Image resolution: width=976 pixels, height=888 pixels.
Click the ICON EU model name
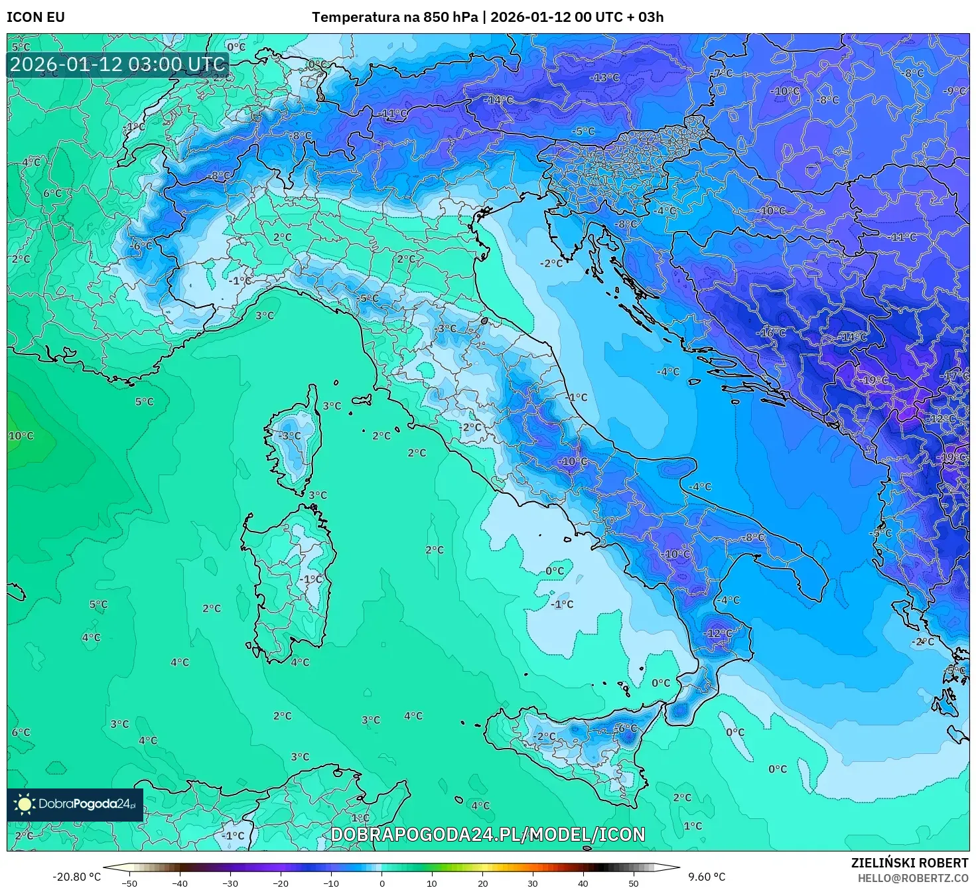pos(36,17)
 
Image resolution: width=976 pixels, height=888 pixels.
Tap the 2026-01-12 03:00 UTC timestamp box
pos(118,64)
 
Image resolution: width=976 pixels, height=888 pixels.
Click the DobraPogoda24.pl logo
pos(75,804)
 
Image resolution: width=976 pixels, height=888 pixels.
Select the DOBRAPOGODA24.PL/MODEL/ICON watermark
pos(488,834)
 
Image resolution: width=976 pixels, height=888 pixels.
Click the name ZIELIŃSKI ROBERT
pos(910,863)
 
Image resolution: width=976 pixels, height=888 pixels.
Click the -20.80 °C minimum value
pos(76,877)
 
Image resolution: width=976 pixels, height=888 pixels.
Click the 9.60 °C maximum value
pos(707,877)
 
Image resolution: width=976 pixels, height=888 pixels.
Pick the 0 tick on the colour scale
pos(382,883)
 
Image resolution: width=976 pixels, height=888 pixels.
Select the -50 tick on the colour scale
pos(129,883)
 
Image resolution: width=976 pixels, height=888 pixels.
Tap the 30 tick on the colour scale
pos(533,883)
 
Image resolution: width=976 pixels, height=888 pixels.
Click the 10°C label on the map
pos(21,436)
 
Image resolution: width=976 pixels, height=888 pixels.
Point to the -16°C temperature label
pos(772,333)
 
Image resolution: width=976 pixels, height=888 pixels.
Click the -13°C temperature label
pos(604,78)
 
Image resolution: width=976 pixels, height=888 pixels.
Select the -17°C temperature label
pos(956,376)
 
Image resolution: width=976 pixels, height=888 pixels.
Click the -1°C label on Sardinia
pos(310,579)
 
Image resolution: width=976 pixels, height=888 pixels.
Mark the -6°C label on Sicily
pos(626,728)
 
